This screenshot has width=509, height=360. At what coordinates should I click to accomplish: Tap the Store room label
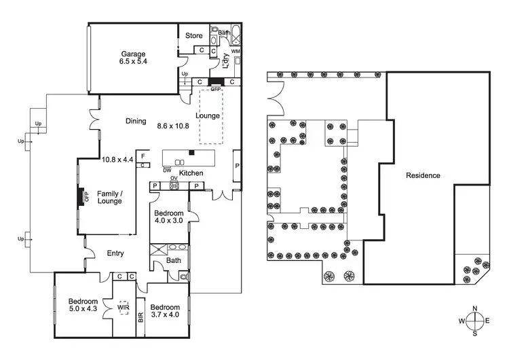point(195,35)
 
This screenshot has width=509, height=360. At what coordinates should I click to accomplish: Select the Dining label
point(136,122)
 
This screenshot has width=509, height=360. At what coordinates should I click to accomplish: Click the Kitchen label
point(192,173)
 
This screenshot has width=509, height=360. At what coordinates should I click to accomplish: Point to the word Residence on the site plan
point(423,175)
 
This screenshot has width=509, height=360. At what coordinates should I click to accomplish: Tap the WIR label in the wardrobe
point(124,307)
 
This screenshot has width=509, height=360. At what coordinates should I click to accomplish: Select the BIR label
point(140,317)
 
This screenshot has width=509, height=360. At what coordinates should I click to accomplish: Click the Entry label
point(115,254)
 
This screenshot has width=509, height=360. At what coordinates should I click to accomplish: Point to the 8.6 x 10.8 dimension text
point(172,126)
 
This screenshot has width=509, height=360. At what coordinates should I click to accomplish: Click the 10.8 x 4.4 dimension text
point(117,160)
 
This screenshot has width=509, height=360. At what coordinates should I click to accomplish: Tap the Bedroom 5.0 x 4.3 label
point(83,306)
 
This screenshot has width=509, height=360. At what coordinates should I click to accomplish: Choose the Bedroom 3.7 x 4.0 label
point(164,310)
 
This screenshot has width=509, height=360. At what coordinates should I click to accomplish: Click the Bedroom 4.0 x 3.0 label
point(169,217)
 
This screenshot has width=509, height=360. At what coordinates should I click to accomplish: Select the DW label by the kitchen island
point(166,170)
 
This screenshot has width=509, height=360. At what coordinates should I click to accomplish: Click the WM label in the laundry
point(235,51)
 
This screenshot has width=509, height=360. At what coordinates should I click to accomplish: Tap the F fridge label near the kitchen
point(143,156)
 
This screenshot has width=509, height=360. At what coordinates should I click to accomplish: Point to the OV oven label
point(174,179)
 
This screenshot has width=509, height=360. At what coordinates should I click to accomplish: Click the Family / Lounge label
point(110,197)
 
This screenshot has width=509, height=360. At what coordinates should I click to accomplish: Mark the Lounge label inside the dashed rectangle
point(208,115)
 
